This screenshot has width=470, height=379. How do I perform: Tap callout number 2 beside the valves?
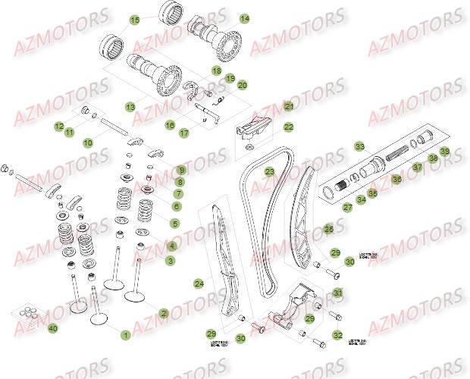[x=164, y=312]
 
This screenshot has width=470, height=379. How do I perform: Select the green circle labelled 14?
[x=244, y=17]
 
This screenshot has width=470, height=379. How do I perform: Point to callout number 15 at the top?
[x=134, y=20]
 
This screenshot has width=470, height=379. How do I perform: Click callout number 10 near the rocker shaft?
[x=88, y=142]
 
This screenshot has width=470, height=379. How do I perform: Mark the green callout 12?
[x=58, y=126]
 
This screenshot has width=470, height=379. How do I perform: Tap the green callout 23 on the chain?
[x=269, y=173]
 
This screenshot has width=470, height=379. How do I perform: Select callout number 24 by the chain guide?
[x=199, y=283]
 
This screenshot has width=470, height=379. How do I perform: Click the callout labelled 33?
[x=359, y=146]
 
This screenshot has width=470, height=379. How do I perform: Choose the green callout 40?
[x=52, y=328]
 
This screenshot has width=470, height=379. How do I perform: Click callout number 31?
[x=338, y=293]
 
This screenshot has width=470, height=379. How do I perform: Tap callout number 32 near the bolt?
[x=338, y=335]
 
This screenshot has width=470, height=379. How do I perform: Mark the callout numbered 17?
[x=183, y=133]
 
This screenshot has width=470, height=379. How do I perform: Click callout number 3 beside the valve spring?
[x=171, y=260]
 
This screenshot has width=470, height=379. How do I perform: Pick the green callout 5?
[x=175, y=223]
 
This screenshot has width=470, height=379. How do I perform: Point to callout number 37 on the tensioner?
[x=417, y=168]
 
